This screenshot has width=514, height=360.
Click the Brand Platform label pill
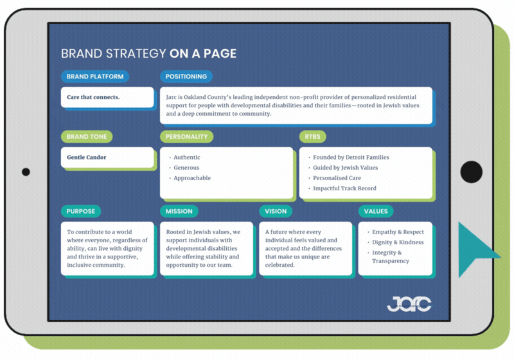95,76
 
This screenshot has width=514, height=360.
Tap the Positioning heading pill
186,76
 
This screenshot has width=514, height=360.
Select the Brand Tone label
87,136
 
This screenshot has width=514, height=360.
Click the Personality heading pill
186,136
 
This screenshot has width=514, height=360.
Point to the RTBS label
314,136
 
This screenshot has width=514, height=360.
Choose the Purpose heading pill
81,211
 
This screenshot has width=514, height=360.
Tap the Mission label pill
179,211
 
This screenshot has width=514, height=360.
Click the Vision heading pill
276,211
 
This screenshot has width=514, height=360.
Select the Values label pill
376,211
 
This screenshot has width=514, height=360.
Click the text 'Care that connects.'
93,98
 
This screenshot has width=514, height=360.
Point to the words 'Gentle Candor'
87,157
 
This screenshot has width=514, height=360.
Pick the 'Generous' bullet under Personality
186,168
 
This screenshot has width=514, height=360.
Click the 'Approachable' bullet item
192,178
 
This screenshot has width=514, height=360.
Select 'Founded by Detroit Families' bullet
351,157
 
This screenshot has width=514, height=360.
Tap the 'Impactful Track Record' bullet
344,188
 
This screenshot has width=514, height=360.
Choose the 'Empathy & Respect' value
398,232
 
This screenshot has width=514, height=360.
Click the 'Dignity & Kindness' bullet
398,243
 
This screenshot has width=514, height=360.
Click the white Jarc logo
409,303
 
